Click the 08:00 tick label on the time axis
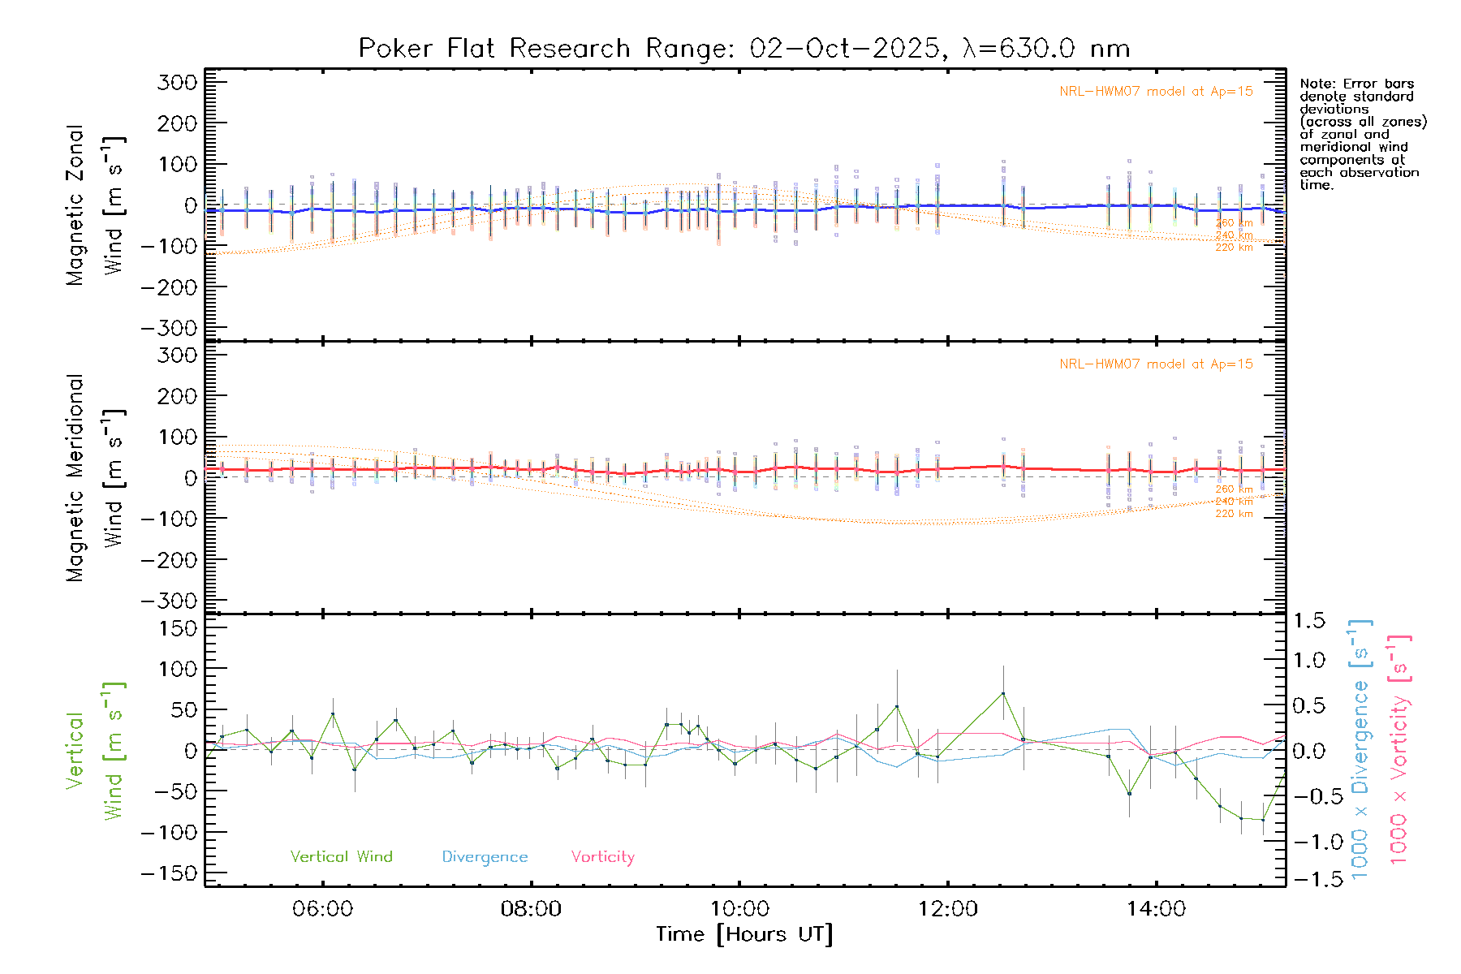tap(531, 909)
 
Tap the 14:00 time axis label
tap(1156, 909)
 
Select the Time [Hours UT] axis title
tap(744, 934)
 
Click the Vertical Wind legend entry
tap(341, 856)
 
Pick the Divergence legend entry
tap(485, 856)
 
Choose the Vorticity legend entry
tap(602, 856)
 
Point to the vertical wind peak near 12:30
tap(1003, 693)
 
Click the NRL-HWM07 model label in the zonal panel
tap(1156, 91)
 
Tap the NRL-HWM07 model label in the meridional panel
tap(1156, 364)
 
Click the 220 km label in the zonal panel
tap(1234, 248)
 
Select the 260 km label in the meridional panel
tap(1234, 489)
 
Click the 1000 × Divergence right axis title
tap(1360, 749)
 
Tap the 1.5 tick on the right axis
tap(1309, 621)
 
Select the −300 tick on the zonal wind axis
tap(169, 328)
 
